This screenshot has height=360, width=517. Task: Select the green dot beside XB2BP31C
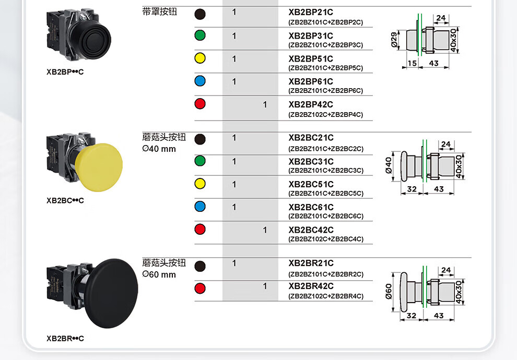point(200,35)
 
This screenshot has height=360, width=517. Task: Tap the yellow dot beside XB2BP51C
point(200,58)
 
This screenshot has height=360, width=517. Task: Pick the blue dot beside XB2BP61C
point(200,81)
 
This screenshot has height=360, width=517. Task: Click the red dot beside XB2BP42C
point(200,104)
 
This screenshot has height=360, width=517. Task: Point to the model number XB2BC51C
point(311,184)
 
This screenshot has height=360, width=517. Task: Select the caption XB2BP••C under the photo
point(65,72)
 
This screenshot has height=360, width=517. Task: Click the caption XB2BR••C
point(65,339)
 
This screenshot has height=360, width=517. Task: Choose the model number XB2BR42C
point(311,286)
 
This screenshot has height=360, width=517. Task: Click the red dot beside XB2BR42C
point(200,288)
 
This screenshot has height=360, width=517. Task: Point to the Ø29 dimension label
point(395,40)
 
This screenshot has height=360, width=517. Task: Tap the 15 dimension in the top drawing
point(412,63)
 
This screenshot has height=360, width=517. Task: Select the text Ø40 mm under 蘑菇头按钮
point(159,149)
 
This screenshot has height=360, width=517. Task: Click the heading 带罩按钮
point(160,11)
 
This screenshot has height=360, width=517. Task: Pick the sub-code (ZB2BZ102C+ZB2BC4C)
point(325,239)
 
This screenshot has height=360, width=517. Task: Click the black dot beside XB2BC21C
point(200,139)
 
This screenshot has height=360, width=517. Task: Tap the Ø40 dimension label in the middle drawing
point(389,165)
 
